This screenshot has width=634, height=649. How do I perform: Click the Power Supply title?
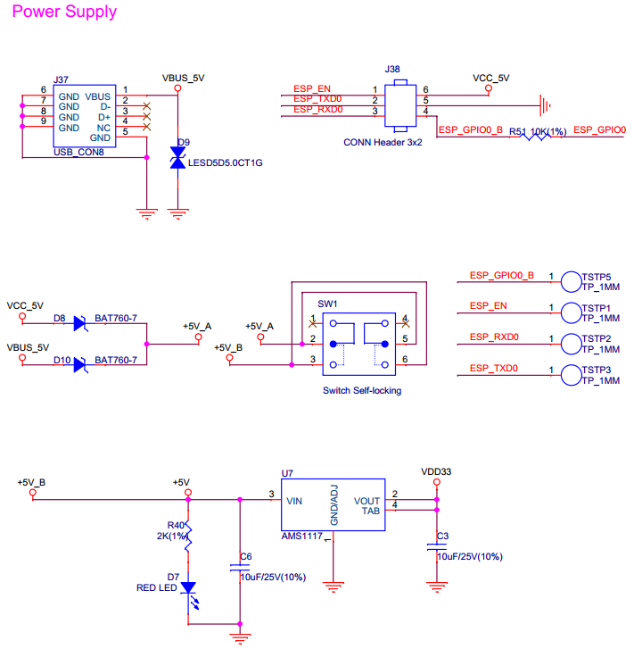click(63, 12)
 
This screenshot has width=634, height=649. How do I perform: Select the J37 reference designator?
click(61, 79)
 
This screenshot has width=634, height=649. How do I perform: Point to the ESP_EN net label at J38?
click(312, 89)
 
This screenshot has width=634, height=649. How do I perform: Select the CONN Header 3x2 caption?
click(383, 142)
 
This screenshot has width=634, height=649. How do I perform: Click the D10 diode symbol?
click(80, 364)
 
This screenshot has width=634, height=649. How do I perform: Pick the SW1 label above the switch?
click(328, 304)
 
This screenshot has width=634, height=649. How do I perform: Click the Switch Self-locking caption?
click(361, 390)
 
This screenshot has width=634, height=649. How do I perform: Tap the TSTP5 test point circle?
click(571, 282)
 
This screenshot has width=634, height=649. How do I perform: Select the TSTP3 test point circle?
click(571, 375)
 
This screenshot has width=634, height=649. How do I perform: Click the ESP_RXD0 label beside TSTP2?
click(493, 337)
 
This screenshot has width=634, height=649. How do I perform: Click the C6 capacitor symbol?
click(239, 567)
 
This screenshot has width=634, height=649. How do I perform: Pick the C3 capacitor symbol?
click(437, 552)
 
